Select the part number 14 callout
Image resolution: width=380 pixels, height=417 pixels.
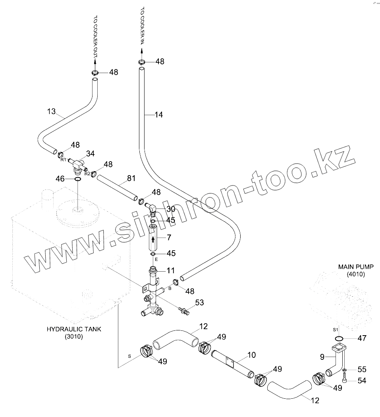click(x=159, y=115)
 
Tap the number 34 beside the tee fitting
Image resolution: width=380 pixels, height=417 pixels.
click(x=91, y=153)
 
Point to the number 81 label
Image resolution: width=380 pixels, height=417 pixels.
click(x=132, y=179)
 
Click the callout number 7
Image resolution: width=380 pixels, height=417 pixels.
click(x=169, y=237)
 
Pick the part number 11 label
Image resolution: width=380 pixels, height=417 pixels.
click(x=170, y=271)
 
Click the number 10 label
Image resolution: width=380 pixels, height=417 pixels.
click(x=252, y=355)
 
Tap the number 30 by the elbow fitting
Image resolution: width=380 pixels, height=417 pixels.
click(x=171, y=209)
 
